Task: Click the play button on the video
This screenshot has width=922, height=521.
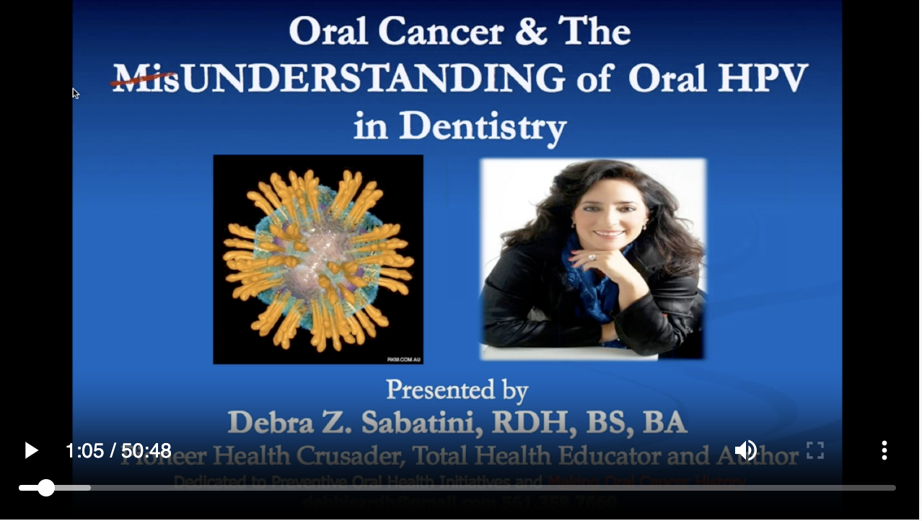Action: click(31, 451)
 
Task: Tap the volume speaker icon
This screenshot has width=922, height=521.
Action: click(745, 451)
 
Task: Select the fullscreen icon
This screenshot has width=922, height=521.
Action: click(815, 451)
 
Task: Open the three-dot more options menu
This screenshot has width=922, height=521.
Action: click(884, 451)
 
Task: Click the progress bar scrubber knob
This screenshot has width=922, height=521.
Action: click(46, 489)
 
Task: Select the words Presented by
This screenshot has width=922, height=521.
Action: click(457, 390)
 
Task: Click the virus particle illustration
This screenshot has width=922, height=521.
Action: click(318, 259)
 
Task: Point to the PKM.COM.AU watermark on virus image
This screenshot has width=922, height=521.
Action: click(404, 359)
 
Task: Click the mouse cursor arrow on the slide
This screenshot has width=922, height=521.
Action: click(75, 93)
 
